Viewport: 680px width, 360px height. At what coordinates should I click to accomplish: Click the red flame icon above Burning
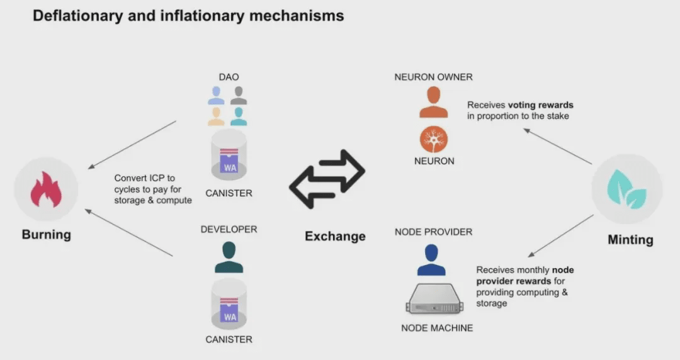click(46, 189)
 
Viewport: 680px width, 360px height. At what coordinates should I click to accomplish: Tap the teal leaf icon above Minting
click(627, 189)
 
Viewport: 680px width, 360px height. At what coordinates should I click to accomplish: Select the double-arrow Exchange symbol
click(327, 179)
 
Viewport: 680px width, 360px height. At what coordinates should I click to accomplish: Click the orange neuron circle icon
click(434, 139)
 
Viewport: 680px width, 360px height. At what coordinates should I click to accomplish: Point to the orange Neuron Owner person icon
click(433, 102)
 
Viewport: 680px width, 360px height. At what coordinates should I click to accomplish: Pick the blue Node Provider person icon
click(431, 260)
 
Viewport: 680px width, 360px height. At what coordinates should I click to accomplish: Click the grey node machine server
click(434, 299)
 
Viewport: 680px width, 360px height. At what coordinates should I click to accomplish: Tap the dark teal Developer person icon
click(229, 257)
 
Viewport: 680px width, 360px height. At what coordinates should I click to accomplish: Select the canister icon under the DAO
click(229, 155)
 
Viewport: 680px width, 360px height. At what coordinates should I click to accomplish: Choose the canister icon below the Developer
click(229, 304)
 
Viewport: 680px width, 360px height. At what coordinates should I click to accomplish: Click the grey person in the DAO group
click(239, 96)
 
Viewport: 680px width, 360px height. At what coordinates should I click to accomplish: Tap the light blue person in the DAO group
click(216, 96)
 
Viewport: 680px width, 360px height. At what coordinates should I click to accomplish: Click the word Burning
click(47, 235)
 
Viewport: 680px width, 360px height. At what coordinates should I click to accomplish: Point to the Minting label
click(630, 240)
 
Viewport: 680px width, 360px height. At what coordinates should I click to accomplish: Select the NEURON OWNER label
click(433, 77)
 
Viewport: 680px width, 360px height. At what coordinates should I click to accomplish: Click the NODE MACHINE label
click(437, 328)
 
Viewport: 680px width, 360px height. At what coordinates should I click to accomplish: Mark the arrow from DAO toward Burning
click(132, 144)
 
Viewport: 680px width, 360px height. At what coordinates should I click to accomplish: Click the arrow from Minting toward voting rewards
click(557, 146)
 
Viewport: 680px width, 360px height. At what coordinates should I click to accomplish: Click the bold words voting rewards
click(541, 105)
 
